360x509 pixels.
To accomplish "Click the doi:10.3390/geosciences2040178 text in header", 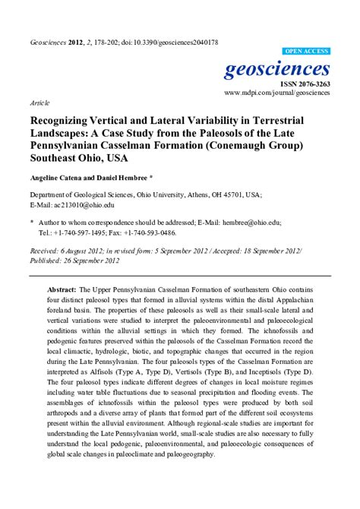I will coord(167,43).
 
